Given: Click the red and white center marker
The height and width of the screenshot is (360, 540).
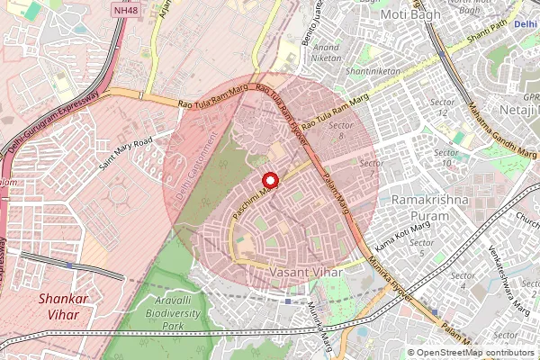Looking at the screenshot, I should click(268, 180).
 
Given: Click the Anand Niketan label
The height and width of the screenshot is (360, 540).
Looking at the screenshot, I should click(327, 52).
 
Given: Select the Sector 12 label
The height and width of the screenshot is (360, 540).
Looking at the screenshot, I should click(441, 107).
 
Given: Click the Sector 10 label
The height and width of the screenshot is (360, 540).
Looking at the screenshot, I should click(446, 159).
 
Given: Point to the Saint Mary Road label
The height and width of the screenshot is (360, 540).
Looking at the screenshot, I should click(126, 153).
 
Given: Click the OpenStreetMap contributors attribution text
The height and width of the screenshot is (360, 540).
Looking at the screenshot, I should click(475, 353).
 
